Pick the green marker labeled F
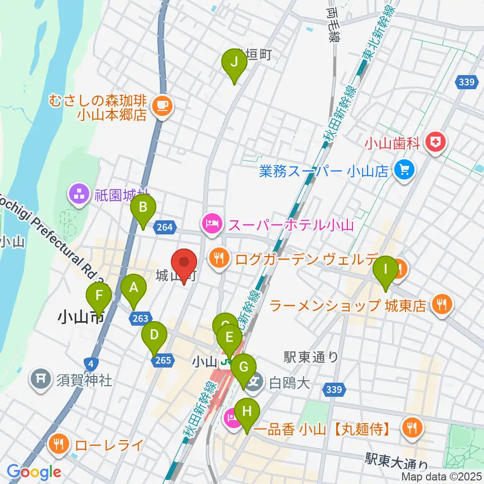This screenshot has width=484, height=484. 99,297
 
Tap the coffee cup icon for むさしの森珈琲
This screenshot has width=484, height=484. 162,105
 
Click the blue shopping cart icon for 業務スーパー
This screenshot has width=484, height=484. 404,171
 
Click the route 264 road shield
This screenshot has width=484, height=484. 165,228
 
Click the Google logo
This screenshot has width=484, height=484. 34,472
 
